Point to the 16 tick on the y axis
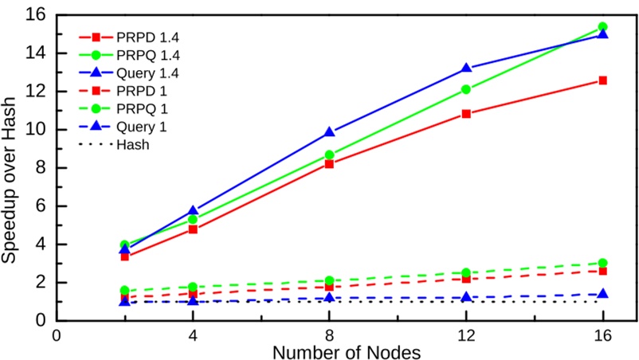37,14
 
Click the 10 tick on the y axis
37,130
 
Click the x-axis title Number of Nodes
347,350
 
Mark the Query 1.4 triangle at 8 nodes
329,132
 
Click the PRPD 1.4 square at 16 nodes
603,80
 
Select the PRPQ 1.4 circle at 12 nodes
466,89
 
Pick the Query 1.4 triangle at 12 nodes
466,68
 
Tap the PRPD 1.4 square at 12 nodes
466,114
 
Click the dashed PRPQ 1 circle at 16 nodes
603,263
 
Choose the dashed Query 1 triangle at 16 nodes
603,294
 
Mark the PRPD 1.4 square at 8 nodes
329,164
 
